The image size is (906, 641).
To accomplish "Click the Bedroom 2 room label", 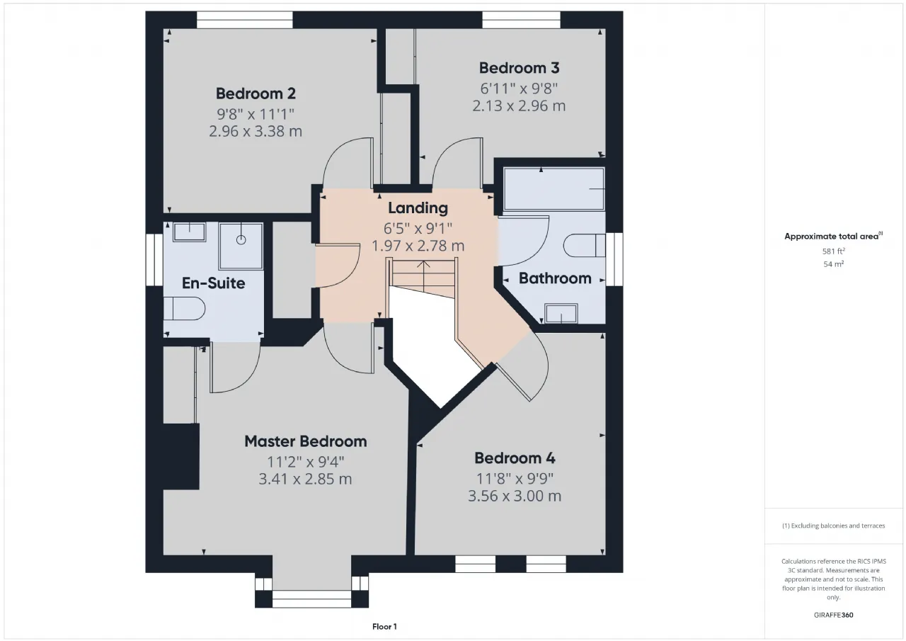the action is tap(256, 93).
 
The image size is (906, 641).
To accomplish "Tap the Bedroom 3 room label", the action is tap(520, 68).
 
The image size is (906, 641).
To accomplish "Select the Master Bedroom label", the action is tap(305, 441).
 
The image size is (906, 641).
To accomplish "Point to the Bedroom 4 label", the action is tap(515, 458).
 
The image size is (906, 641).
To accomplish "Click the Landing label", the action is tap(418, 208).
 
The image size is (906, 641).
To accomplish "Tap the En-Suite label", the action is tap(214, 283).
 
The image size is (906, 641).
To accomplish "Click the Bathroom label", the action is tap(555, 278).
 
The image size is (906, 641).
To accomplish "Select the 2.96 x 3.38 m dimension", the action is tap(256, 131).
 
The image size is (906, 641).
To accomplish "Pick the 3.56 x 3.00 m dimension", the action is tap(515, 496).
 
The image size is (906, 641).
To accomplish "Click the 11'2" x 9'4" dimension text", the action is tap(305, 461).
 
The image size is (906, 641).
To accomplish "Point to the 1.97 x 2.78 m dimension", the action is tap(418, 246).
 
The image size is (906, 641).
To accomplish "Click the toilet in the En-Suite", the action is tap(185, 309).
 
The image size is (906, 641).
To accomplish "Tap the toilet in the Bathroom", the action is tap(585, 245).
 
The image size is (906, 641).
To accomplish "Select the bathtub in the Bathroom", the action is tap(554, 189).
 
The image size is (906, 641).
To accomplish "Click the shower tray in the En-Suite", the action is tap(241, 246).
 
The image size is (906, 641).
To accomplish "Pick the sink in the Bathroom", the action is tap(561, 314).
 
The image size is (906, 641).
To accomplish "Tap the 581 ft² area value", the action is tap(834, 251).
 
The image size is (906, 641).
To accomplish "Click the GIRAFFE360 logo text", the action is tap(834, 615).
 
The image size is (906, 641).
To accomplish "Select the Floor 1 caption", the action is tap(384, 627).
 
